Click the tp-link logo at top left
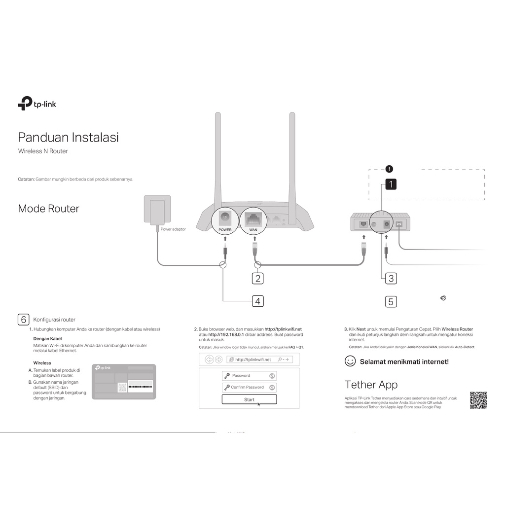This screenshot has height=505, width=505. pyautogui.click(x=37, y=104)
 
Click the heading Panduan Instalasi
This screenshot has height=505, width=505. pyautogui.click(x=68, y=137)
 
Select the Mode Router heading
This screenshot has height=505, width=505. pyautogui.click(x=48, y=209)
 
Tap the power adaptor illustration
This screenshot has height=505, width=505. pyautogui.click(x=157, y=211)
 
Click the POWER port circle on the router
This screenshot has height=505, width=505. pyautogui.click(x=225, y=220)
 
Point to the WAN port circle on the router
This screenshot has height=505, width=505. pyautogui.click(x=253, y=220)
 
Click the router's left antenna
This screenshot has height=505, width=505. pyautogui.click(x=217, y=158)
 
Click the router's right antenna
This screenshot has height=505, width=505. pyautogui.click(x=291, y=158)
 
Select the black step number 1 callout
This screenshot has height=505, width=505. pyautogui.click(x=391, y=184)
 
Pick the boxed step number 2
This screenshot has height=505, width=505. pyautogui.click(x=257, y=278)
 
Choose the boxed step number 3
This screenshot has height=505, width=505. pyautogui.click(x=391, y=278)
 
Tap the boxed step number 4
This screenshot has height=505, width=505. pyautogui.click(x=257, y=301)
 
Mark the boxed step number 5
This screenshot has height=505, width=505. pyautogui.click(x=391, y=301)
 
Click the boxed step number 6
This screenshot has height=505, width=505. pyautogui.click(x=23, y=319)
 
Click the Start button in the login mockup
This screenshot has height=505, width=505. pyautogui.click(x=249, y=399)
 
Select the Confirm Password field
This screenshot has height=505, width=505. pyautogui.click(x=249, y=387)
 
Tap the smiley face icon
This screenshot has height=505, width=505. pyautogui.click(x=350, y=361)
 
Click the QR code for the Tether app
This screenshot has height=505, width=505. pyautogui.click(x=478, y=400)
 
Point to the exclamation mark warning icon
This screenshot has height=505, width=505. pyautogui.click(x=389, y=169)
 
